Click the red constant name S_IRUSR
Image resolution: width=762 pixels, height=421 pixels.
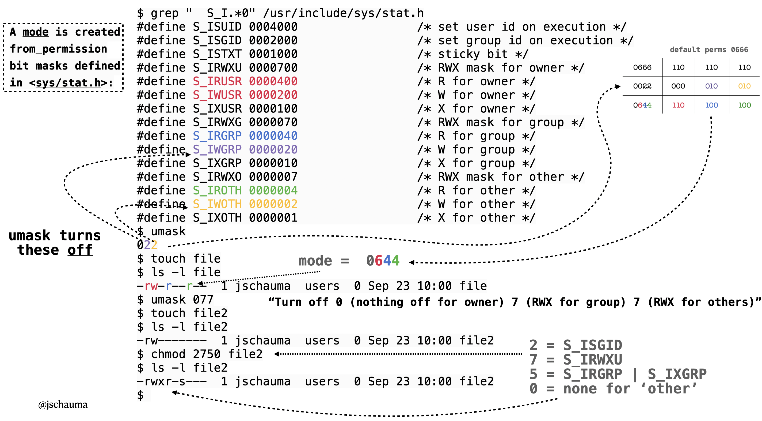pyautogui.click(x=217, y=81)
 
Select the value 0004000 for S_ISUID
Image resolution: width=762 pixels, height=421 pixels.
pyautogui.click(x=273, y=27)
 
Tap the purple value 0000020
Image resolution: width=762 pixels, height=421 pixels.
pyautogui.click(x=273, y=150)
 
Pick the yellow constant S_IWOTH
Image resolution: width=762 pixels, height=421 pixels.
pyautogui.click(x=217, y=204)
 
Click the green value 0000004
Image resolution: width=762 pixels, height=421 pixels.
pyautogui.click(x=273, y=191)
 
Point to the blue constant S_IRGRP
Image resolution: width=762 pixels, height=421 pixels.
pyautogui.click(x=217, y=136)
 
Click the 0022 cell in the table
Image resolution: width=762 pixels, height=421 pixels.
pyautogui.click(x=642, y=86)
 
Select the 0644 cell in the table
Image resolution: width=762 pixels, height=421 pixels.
pyautogui.click(x=642, y=105)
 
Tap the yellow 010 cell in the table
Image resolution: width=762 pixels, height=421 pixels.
pyautogui.click(x=744, y=86)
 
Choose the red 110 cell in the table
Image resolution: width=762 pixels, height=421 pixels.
pyautogui.click(x=678, y=105)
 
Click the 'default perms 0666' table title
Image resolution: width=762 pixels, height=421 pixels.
pyautogui.click(x=709, y=50)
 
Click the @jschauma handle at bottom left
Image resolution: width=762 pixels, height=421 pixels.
pyautogui.click(x=63, y=404)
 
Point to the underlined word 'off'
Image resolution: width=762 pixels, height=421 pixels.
pyautogui.click(x=80, y=250)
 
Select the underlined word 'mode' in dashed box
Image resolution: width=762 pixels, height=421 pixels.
pyautogui.click(x=36, y=32)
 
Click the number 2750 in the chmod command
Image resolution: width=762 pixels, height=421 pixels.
pyautogui.click(x=207, y=354)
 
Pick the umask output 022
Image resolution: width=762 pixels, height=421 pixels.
pyautogui.click(x=147, y=245)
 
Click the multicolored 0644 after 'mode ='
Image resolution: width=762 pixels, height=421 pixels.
pyautogui.click(x=383, y=261)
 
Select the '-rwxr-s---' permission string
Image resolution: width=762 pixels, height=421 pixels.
pyautogui.click(x=172, y=381)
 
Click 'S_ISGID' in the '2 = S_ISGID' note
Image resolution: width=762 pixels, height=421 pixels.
pyautogui.click(x=592, y=345)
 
